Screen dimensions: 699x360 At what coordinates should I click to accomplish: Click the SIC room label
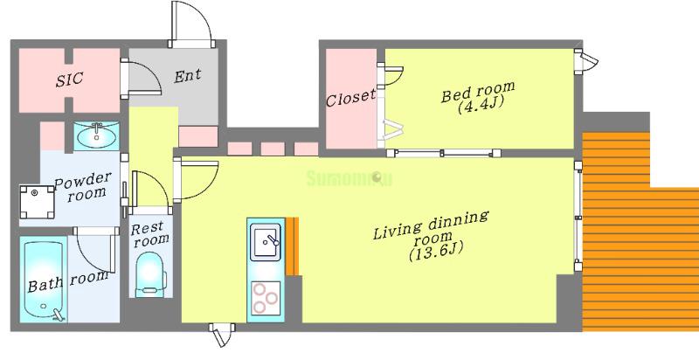[x=70, y=80]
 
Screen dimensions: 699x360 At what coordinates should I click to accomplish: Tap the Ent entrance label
[x=187, y=75]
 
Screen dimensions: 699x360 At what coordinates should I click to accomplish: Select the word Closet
[x=350, y=98]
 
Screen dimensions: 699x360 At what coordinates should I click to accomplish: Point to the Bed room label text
[x=477, y=91]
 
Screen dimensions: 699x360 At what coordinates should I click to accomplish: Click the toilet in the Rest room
[x=150, y=274]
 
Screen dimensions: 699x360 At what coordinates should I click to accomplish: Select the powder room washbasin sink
[x=96, y=135]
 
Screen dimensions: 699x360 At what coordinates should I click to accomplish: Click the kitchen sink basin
[x=266, y=242]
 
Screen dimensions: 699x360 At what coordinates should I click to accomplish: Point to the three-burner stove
[x=266, y=298]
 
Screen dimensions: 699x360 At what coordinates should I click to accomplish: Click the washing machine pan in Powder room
[x=38, y=202]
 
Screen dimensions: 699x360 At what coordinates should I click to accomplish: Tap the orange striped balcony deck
[x=640, y=232]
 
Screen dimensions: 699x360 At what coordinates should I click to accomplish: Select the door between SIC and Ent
[x=141, y=79]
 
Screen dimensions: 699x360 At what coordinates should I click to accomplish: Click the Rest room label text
[x=149, y=234]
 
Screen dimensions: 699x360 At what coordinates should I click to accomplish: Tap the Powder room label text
[x=83, y=187]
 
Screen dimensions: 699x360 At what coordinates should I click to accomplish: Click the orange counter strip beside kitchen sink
[x=291, y=246]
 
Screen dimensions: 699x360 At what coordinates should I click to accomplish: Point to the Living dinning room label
[x=431, y=225]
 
